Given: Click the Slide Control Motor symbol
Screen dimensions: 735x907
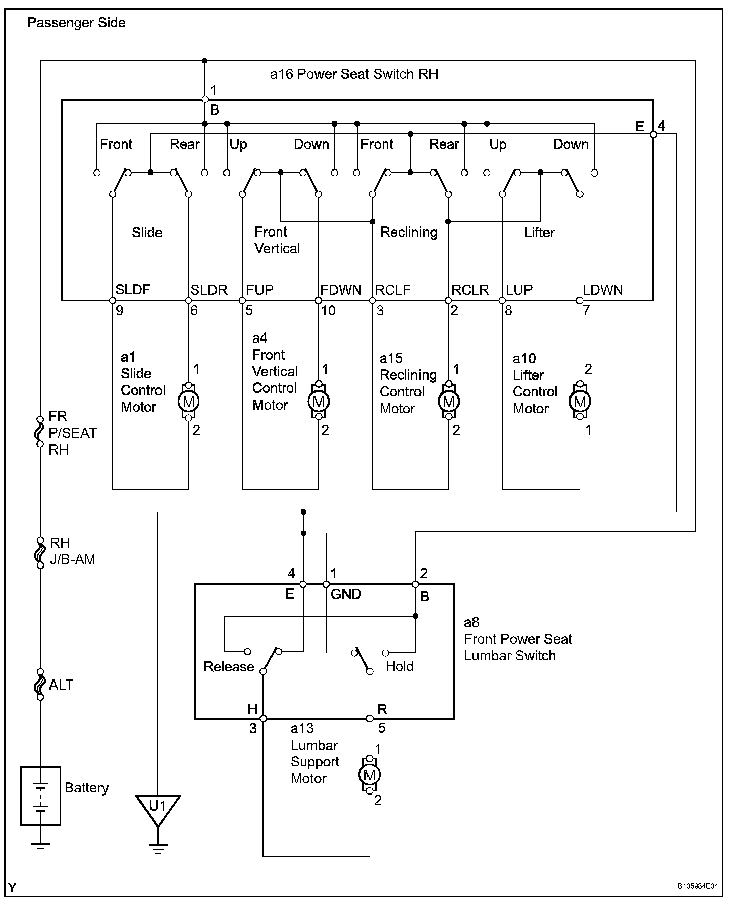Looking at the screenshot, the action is point(188,402).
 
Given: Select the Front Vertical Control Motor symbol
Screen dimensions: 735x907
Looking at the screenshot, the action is point(318,402).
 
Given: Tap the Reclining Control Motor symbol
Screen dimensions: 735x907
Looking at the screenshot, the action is point(448,402).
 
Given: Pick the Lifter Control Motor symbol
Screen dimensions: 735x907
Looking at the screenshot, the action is point(580,402).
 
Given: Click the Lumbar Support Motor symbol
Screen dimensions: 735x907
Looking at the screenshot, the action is point(370,774).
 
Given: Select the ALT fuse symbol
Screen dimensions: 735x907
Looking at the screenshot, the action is point(40,685).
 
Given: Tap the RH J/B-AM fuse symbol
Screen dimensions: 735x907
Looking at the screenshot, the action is point(40,553).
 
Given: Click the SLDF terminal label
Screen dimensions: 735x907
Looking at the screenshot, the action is point(133,290).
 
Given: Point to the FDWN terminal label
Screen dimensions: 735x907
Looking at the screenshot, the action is point(341,290).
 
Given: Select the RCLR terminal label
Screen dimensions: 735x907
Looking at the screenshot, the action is point(470,290).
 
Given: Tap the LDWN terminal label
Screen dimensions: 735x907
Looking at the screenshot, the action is point(603,290).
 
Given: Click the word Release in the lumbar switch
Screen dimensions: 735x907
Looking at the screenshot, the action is point(229,667).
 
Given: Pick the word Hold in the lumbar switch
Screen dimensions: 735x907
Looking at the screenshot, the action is point(400,667).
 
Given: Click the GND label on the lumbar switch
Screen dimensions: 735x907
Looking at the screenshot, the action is point(346,594).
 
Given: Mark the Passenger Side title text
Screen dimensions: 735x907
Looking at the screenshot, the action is point(76,23).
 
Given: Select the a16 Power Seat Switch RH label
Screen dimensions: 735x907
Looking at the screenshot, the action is point(354,74).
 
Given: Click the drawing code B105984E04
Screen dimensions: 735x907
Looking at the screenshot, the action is point(698,886).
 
